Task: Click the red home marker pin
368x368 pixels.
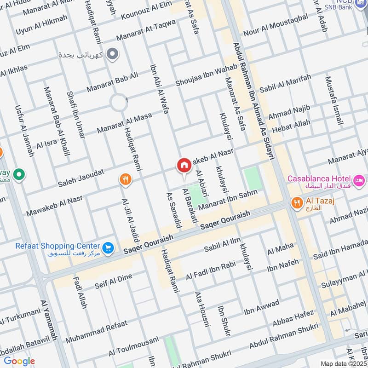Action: click(184, 166)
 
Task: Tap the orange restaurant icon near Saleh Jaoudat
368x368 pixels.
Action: click(125, 179)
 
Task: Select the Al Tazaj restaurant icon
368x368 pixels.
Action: click(297, 202)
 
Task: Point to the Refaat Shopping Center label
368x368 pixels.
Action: click(57, 246)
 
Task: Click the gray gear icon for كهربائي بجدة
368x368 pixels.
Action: click(111, 55)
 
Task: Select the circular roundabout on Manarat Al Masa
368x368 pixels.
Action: click(119, 102)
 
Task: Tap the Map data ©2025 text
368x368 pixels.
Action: click(343, 363)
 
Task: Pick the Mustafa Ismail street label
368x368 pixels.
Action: click(333, 101)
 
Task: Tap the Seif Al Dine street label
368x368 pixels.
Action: click(114, 279)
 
